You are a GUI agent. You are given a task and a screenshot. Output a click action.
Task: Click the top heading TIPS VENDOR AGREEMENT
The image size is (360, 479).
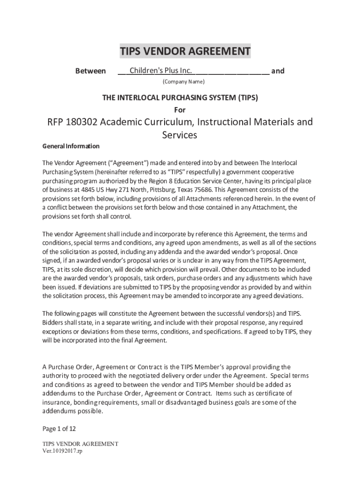(185, 51)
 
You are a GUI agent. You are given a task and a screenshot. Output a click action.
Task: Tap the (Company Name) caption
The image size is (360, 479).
(183, 82)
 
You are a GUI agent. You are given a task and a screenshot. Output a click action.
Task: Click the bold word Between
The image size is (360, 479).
(90, 71)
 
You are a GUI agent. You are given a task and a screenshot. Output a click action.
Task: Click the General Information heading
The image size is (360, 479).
(71, 146)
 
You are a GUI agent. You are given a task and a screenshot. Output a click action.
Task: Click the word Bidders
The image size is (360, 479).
(54, 323)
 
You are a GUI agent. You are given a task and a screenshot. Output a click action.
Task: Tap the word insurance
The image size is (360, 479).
(57, 402)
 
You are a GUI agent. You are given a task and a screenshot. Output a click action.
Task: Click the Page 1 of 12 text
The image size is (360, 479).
(59, 428)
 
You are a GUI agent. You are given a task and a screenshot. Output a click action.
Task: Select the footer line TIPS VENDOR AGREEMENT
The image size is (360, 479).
(80, 443)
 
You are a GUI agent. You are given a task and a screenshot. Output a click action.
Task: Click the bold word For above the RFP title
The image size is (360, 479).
(180, 110)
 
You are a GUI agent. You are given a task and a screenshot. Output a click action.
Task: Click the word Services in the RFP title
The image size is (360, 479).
(180, 135)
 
